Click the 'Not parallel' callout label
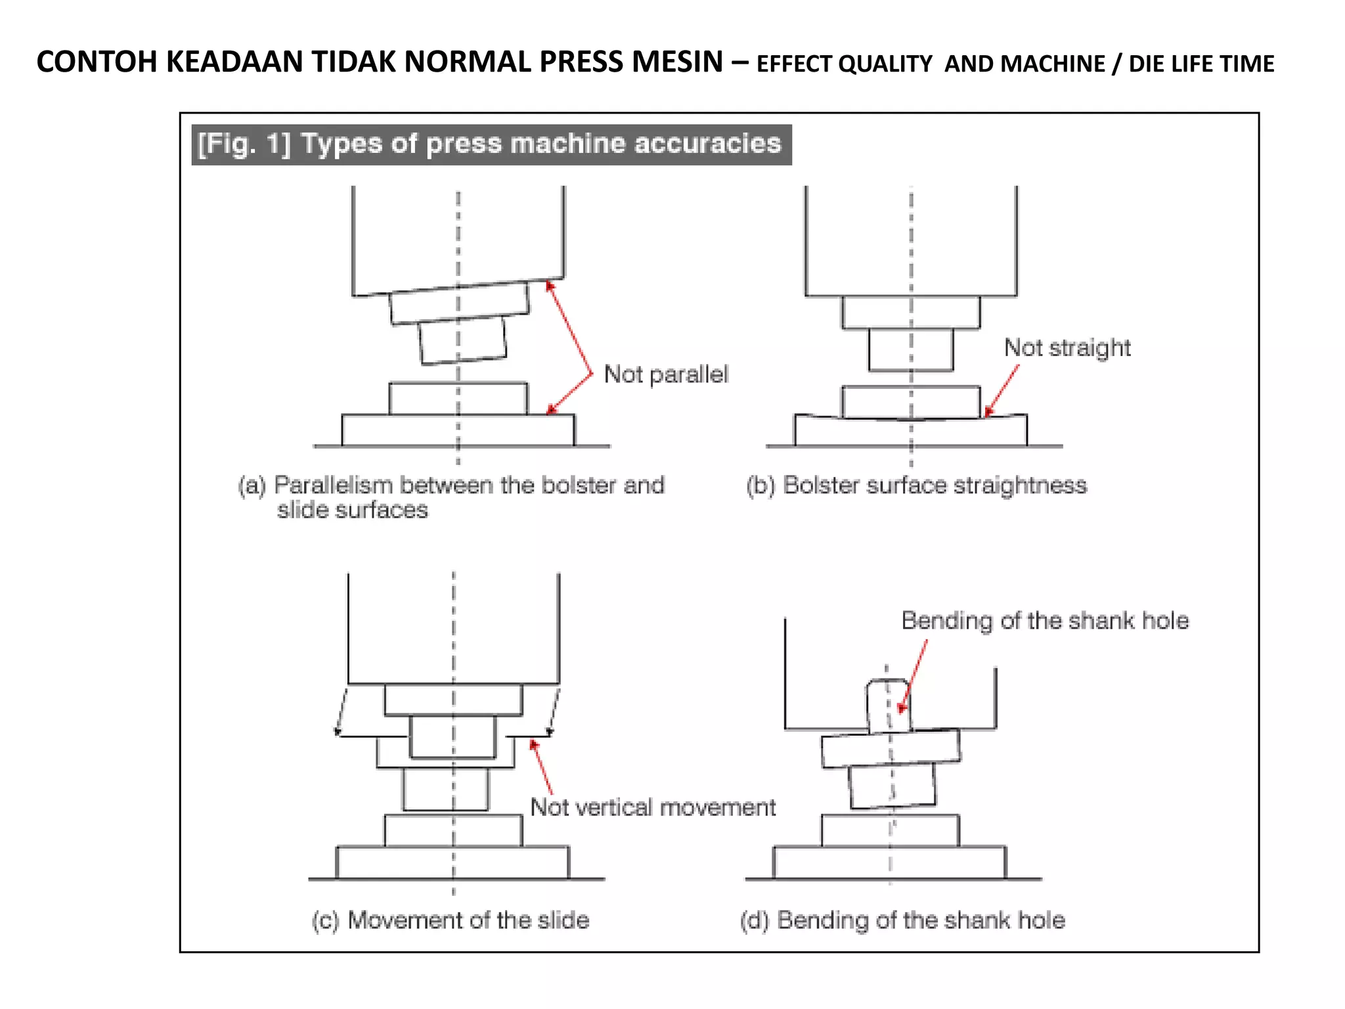click(x=666, y=374)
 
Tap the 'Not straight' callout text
click(x=1067, y=348)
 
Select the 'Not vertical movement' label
click(x=653, y=807)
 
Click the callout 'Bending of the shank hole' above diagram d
click(x=1045, y=621)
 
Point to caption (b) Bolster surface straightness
click(x=916, y=485)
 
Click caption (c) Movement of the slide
click(x=451, y=920)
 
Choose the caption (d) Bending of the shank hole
click(x=902, y=920)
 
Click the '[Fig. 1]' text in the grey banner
click(x=244, y=144)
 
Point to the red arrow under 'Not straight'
click(x=1002, y=390)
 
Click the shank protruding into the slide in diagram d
click(x=889, y=706)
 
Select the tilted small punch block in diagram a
click(x=462, y=340)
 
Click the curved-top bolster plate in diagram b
click(x=911, y=432)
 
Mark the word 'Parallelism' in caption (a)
click(x=333, y=485)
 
